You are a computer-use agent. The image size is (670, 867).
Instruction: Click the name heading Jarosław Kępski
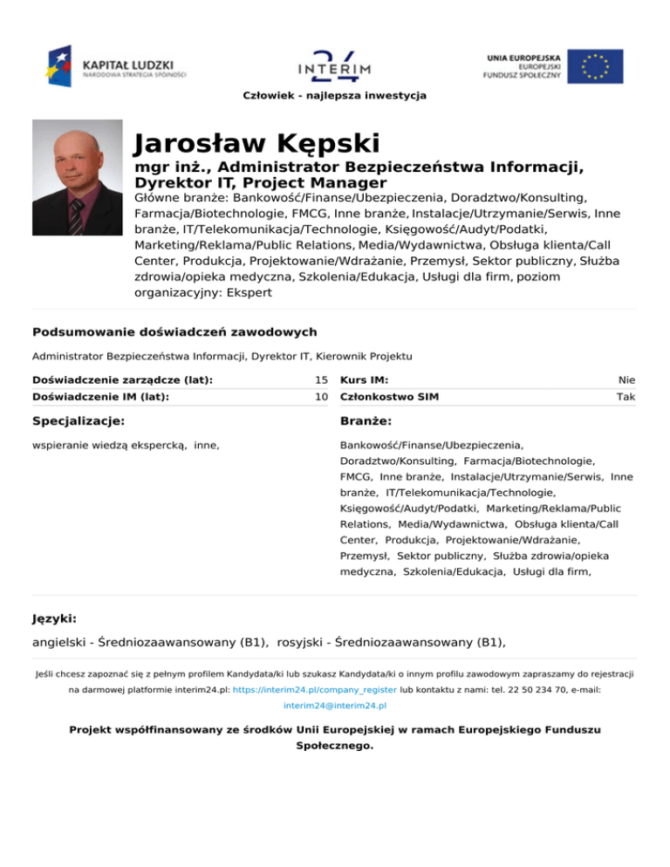click(x=257, y=142)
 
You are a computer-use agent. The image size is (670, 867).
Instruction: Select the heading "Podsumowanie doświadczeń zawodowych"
click(x=174, y=332)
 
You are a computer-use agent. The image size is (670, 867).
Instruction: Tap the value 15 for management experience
click(x=321, y=380)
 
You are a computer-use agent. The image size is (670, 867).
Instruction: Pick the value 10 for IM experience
click(x=321, y=397)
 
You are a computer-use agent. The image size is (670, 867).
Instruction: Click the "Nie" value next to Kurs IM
click(x=627, y=380)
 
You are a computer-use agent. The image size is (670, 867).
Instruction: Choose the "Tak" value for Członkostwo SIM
click(x=626, y=397)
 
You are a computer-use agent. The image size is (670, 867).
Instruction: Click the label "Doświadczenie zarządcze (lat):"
click(x=123, y=380)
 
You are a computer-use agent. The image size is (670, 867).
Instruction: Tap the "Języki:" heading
click(x=55, y=618)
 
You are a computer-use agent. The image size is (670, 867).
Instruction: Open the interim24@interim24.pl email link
click(x=335, y=705)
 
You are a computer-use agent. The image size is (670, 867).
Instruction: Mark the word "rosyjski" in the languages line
click(x=304, y=643)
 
